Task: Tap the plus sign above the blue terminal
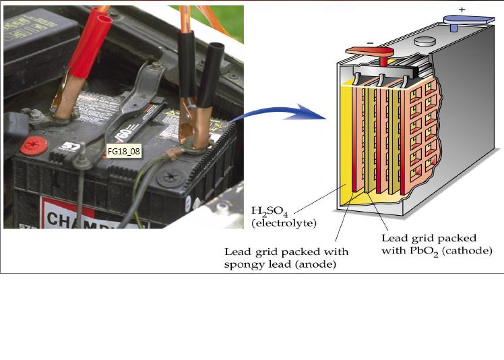[x=462, y=10]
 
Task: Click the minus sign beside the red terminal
[x=369, y=41]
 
